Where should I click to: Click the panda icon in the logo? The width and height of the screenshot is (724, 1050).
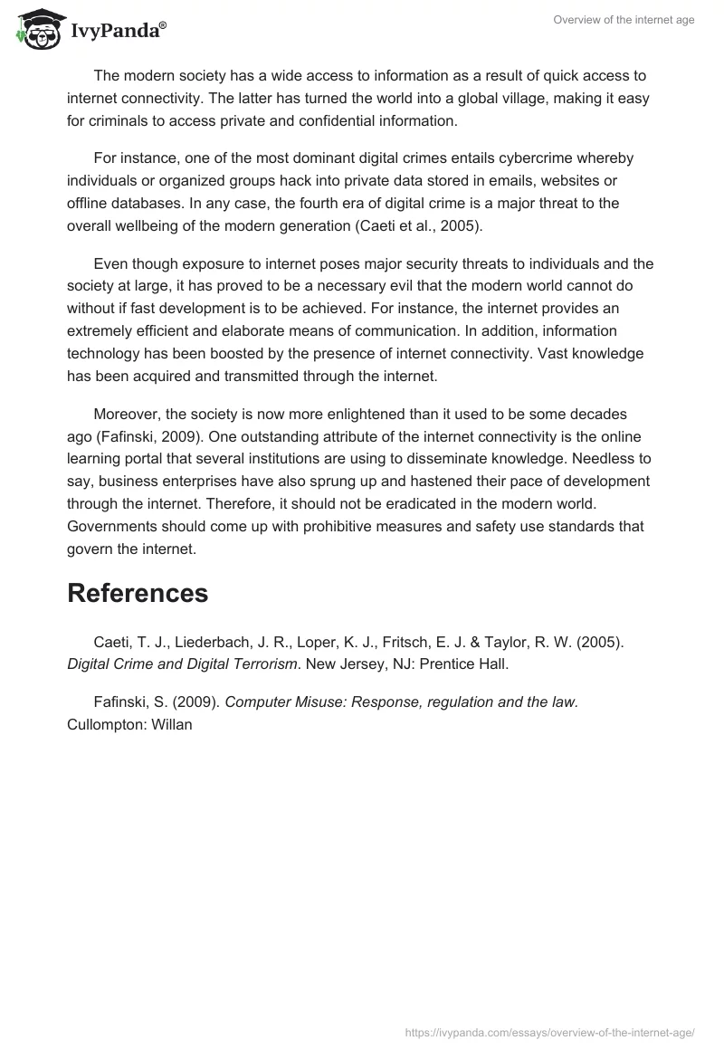point(34,30)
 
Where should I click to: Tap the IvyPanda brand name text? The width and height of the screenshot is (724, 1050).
point(118,32)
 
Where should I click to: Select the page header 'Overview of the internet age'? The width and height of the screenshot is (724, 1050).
point(624,20)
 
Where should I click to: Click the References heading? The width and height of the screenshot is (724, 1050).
point(138,593)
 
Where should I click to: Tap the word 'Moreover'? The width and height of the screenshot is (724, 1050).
point(127,414)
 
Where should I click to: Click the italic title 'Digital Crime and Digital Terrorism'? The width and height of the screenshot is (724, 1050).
point(183,664)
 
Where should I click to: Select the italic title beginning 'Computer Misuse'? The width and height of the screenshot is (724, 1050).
point(401,702)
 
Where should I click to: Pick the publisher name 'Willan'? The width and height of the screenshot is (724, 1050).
point(171,725)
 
